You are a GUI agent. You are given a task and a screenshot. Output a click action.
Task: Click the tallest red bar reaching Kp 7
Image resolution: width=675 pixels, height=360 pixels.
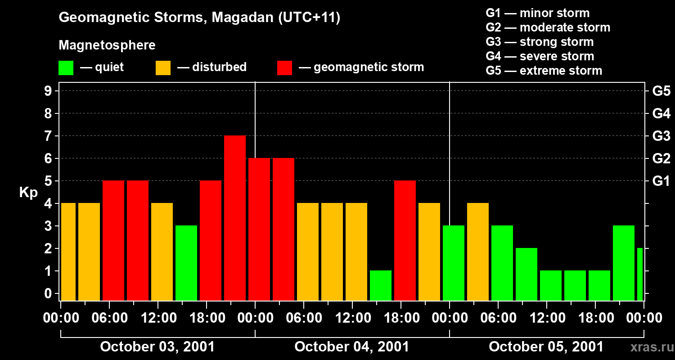[235, 218]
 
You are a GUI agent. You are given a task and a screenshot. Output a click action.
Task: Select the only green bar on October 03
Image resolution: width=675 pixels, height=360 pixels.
[186, 263]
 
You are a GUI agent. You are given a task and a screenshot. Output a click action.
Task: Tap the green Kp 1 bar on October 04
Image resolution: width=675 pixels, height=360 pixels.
[381, 285]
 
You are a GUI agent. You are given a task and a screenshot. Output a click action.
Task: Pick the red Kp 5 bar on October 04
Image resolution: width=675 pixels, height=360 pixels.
[405, 240]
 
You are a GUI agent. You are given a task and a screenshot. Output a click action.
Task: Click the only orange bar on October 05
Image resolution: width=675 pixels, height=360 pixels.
[478, 252]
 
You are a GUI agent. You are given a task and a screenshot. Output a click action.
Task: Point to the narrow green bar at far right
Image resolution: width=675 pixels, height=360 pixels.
[640, 274]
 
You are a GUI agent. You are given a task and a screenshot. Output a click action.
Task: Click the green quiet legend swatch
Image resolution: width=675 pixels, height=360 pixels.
[66, 68]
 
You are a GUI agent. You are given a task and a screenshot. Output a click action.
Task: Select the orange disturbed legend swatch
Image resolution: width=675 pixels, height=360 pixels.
[163, 68]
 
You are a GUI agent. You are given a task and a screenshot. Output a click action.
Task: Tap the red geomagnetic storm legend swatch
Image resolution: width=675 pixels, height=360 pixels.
[284, 68]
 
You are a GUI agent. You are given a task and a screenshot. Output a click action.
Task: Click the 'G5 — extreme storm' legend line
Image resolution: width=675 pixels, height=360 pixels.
[544, 71]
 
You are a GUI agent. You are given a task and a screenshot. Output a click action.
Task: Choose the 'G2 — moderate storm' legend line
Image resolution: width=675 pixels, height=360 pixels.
[548, 27]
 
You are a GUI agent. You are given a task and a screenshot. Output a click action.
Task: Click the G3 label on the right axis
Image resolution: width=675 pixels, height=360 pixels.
[661, 136]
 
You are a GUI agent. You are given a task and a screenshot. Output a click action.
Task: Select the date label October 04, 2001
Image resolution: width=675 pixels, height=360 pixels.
[351, 347]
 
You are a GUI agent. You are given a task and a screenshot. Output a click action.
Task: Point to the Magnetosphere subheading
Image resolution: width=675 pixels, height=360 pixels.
[107, 45]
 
